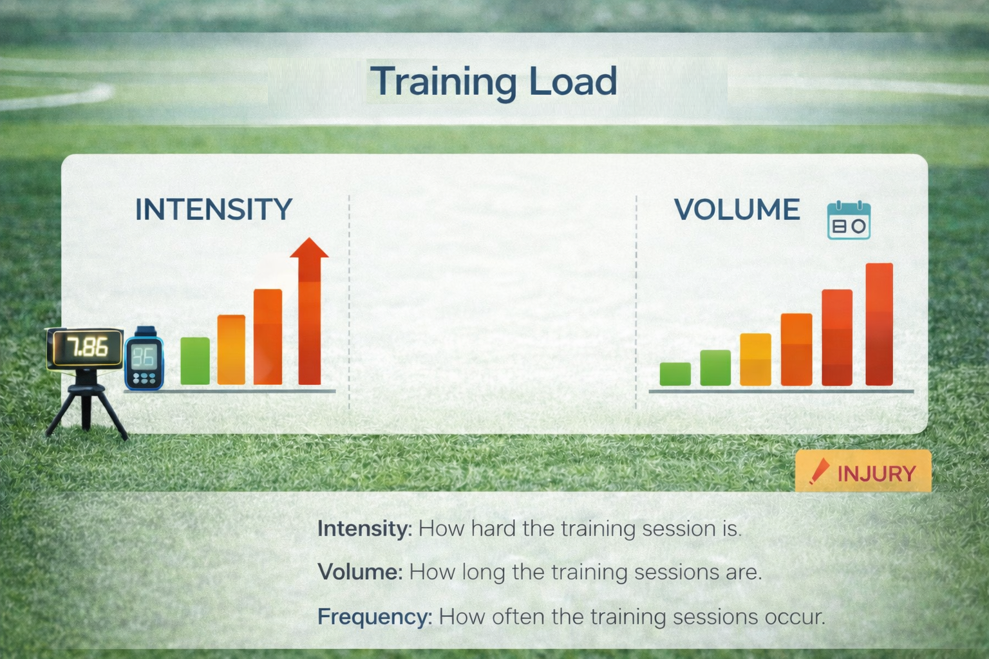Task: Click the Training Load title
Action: click(x=493, y=82)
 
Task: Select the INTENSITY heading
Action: click(x=214, y=209)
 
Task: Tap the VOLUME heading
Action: click(x=737, y=209)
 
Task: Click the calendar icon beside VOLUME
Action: click(x=849, y=220)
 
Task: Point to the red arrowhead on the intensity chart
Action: click(x=309, y=248)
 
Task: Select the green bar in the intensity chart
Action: click(x=195, y=361)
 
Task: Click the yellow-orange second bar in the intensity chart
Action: click(x=231, y=349)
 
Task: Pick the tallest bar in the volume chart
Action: click(x=880, y=324)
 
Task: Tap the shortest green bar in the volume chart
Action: click(x=675, y=375)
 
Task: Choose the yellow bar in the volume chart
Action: click(x=755, y=360)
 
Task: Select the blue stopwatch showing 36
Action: click(x=144, y=359)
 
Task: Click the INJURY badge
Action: click(x=863, y=471)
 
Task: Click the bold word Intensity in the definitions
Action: click(x=364, y=529)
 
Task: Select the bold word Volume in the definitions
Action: click(x=361, y=572)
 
